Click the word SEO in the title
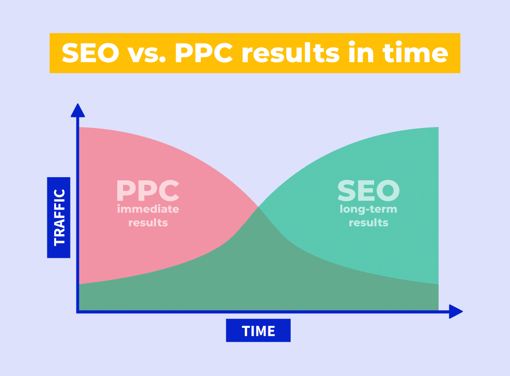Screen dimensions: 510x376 tap(90, 53)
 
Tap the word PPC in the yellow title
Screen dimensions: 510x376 tap(204, 53)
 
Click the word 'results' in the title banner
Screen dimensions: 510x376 tap(290, 53)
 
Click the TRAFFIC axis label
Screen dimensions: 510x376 tap(59, 217)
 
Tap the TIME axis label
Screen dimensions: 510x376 tap(258, 331)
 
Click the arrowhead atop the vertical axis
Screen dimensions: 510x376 tap(78, 111)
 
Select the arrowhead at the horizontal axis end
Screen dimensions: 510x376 tap(456, 312)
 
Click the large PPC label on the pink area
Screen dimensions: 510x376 tap(147, 191)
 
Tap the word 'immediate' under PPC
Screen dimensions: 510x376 tap(148, 209)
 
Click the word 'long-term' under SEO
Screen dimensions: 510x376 tap(369, 209)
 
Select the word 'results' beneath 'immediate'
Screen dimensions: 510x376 tap(148, 223)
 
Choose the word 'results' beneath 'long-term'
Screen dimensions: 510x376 tap(369, 223)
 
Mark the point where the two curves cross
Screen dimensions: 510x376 tap(258, 206)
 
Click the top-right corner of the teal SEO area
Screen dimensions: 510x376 tap(439, 127)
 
